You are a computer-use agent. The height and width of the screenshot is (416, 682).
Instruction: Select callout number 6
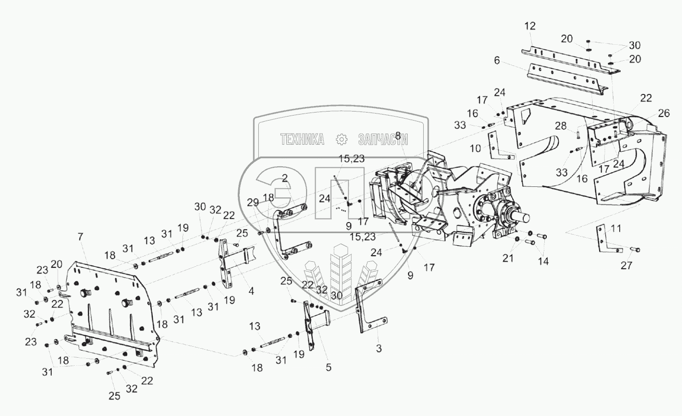pos(497,60)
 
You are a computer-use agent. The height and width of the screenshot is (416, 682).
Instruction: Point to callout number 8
pos(398,135)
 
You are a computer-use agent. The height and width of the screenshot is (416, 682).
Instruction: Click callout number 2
pos(284,177)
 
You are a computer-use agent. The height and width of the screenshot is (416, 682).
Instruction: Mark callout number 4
pos(251,290)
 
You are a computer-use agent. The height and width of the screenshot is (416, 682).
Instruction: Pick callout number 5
pos(329,367)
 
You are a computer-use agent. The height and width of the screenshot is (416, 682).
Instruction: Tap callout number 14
pos(543,261)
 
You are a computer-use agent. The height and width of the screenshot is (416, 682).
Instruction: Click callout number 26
pos(664,114)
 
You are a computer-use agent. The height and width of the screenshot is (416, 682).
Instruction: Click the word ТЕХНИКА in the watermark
pos(302,140)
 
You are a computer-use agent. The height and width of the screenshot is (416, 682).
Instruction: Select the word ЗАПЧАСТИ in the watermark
pos(382,140)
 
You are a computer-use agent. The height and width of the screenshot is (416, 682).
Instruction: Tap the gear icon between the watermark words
pos(342,140)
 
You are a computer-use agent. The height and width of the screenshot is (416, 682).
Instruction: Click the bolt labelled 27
pos(634,249)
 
